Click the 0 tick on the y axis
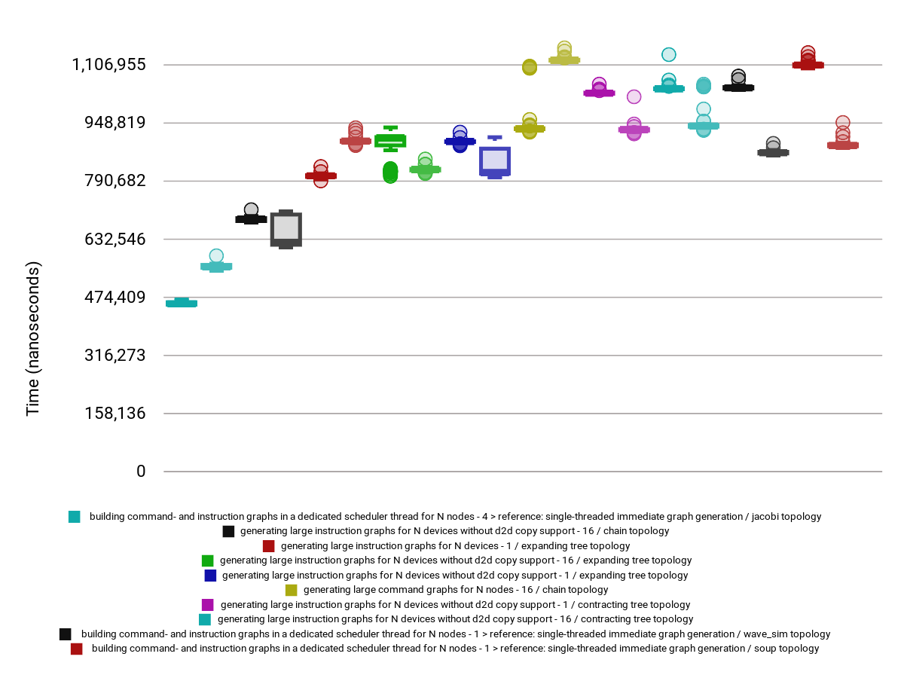[141, 472]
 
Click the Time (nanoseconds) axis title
[33, 339]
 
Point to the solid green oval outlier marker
[390, 172]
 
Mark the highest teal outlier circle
[668, 54]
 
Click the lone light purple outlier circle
[634, 96]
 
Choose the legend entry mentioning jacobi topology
[455, 517]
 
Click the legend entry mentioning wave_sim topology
[456, 634]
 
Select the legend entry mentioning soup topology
[455, 649]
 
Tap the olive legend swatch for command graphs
[292, 590]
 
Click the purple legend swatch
[208, 605]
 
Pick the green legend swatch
[207, 560]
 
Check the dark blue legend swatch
[210, 576]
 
